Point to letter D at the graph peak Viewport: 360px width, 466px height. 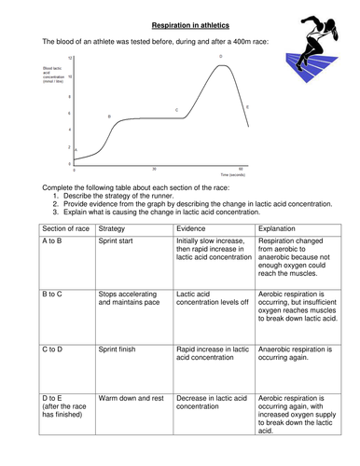(x=220, y=57)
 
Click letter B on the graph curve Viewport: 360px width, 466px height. (x=109, y=116)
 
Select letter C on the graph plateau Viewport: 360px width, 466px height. (x=176, y=110)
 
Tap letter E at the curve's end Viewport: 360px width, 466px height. (x=247, y=107)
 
